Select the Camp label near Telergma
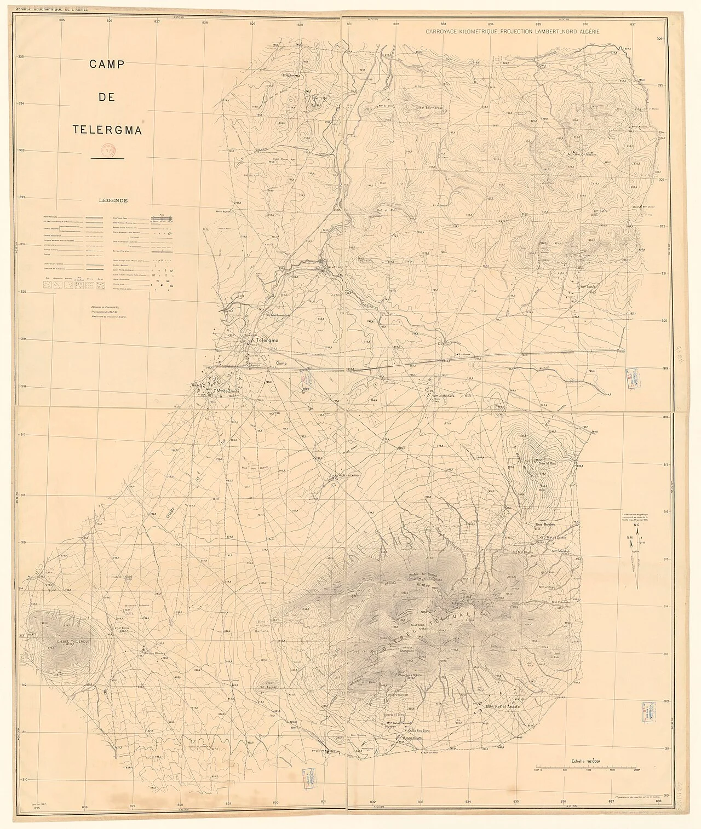tap(281, 363)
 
